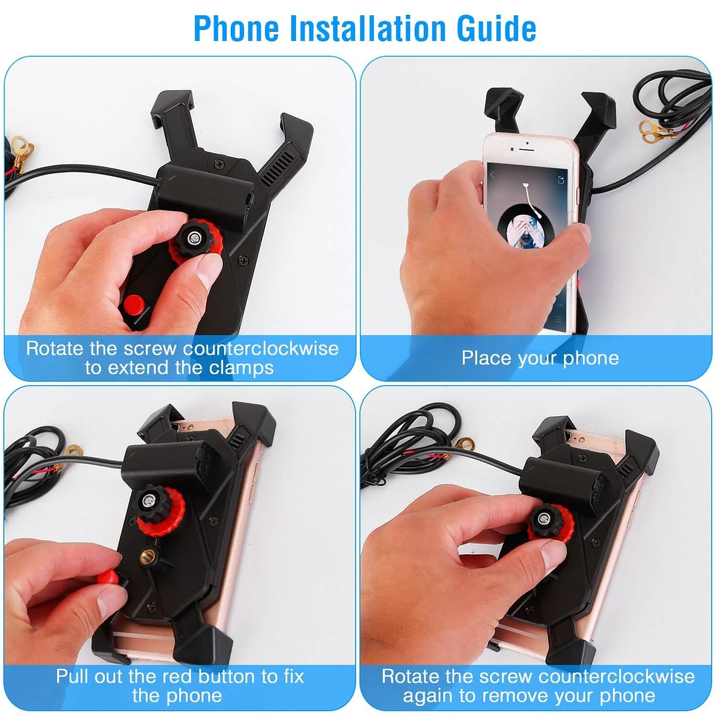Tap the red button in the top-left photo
[133, 303]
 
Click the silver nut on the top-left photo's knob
[194, 237]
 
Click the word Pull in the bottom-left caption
[73, 676]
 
